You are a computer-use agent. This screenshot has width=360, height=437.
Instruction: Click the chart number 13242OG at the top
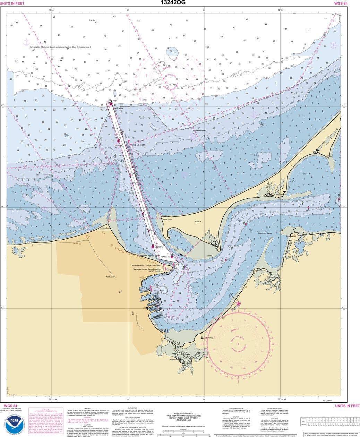[x=173, y=3]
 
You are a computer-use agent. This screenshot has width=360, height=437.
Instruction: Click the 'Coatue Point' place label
[x=166, y=220]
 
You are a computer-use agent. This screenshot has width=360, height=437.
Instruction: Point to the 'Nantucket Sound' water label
[x=199, y=130]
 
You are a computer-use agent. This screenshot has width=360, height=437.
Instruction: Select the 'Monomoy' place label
[x=209, y=337]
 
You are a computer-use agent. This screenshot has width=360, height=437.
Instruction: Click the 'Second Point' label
[x=281, y=195]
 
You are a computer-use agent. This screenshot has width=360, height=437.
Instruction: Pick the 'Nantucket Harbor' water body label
[x=265, y=233]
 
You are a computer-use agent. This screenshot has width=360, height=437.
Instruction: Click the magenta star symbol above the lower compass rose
[x=238, y=304]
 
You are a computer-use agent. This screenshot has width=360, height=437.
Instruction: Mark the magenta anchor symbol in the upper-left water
[x=26, y=42]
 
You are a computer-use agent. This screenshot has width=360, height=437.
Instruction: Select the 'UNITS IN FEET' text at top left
[x=12, y=3]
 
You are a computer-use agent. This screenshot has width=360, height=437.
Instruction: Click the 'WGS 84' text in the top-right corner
[x=341, y=3]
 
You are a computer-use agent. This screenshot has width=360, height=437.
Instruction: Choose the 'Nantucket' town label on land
[x=110, y=277]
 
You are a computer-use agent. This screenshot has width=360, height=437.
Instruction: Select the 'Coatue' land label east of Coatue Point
[x=198, y=221]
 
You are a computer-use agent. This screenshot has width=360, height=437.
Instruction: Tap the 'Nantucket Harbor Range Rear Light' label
[x=148, y=269]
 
